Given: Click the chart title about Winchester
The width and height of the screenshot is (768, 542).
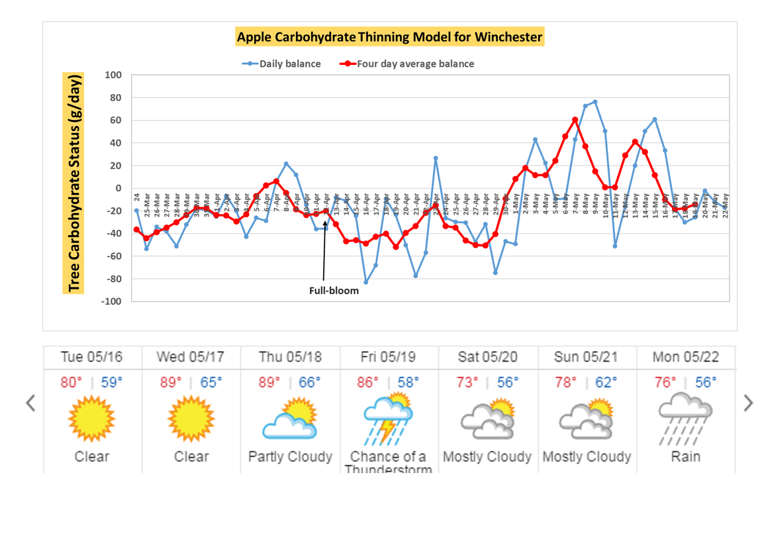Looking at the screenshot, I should point(390,36).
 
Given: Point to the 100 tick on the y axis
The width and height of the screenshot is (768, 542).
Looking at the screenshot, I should point(114,76).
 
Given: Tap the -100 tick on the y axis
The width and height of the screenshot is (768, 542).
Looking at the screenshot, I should point(112,301).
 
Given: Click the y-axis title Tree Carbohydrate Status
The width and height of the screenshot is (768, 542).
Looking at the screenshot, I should point(74,184).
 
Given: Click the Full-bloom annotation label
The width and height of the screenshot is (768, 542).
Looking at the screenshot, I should point(334,290).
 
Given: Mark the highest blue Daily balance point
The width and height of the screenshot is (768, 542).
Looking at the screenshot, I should point(595,102).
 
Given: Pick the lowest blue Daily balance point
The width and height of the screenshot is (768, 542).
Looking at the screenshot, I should point(365,282).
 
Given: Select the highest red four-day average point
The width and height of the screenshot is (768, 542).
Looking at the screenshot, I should point(575,120).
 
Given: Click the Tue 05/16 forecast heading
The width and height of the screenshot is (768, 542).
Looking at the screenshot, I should point(92,357).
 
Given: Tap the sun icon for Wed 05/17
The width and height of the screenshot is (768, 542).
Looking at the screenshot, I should point(191,419).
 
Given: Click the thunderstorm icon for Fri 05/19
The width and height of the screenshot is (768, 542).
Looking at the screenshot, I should point(389,419).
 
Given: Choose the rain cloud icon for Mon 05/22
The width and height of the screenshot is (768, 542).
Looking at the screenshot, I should point(685,419).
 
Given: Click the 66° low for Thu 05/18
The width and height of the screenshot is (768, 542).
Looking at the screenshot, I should point(309,383).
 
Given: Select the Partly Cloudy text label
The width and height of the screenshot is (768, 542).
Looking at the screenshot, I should point(290,457).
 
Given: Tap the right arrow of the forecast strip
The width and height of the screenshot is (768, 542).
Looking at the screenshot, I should point(748,403).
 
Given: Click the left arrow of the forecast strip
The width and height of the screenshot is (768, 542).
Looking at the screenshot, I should point(30,403).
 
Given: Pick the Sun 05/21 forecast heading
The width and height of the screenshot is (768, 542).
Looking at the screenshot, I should point(587,357).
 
